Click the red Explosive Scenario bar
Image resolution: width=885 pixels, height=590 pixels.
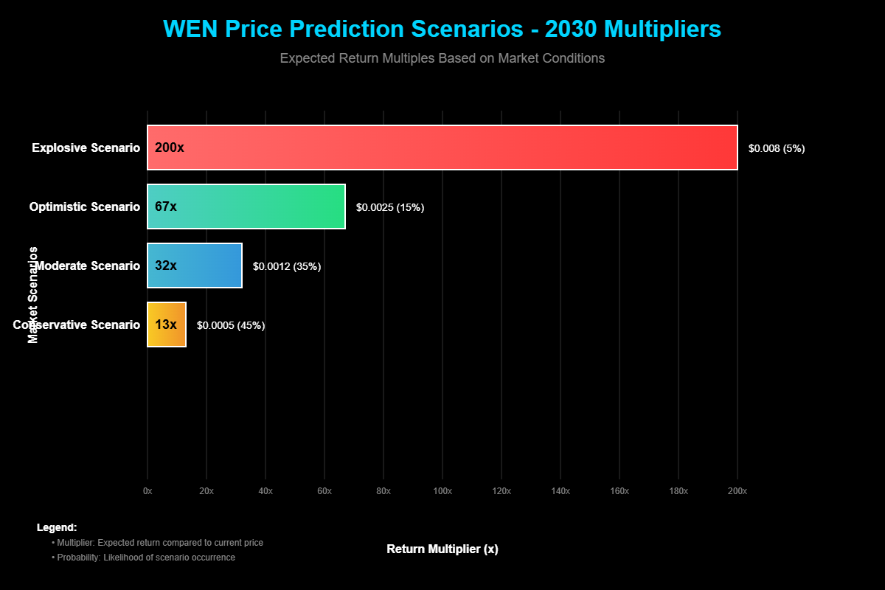click(442, 147)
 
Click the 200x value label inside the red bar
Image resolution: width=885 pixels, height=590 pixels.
click(169, 147)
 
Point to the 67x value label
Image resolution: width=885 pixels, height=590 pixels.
click(166, 206)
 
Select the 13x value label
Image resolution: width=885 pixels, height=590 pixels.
click(166, 324)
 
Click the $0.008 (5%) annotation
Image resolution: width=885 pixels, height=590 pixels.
click(777, 148)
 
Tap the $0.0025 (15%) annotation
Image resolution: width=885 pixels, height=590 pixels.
click(390, 207)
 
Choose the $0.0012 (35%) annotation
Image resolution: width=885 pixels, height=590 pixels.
click(287, 266)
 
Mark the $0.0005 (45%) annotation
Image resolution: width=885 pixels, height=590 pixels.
click(231, 325)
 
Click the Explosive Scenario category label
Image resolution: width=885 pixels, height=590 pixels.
click(86, 148)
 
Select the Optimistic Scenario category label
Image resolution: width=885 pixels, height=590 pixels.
click(85, 207)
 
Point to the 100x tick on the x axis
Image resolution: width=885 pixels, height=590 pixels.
click(442, 491)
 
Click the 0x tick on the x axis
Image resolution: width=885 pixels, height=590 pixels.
click(147, 491)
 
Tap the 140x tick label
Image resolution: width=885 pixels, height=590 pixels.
click(560, 491)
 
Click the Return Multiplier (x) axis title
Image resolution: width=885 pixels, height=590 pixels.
click(442, 549)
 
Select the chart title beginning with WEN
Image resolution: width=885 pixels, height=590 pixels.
click(442, 29)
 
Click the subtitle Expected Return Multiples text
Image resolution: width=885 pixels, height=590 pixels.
click(442, 58)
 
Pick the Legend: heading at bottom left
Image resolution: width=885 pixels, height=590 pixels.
click(57, 528)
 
